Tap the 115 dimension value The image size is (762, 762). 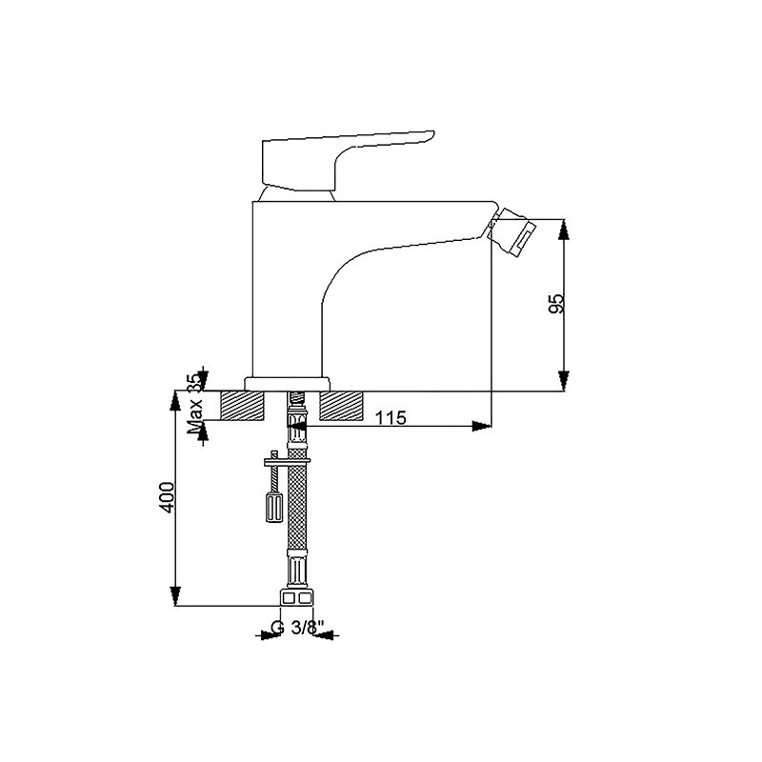click(391, 417)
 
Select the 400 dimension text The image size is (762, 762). click(167, 497)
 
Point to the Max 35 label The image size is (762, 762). click(196, 403)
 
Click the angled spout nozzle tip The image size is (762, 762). click(511, 231)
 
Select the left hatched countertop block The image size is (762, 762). click(243, 406)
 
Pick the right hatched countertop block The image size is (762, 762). click(341, 406)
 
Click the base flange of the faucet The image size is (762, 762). click(288, 384)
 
